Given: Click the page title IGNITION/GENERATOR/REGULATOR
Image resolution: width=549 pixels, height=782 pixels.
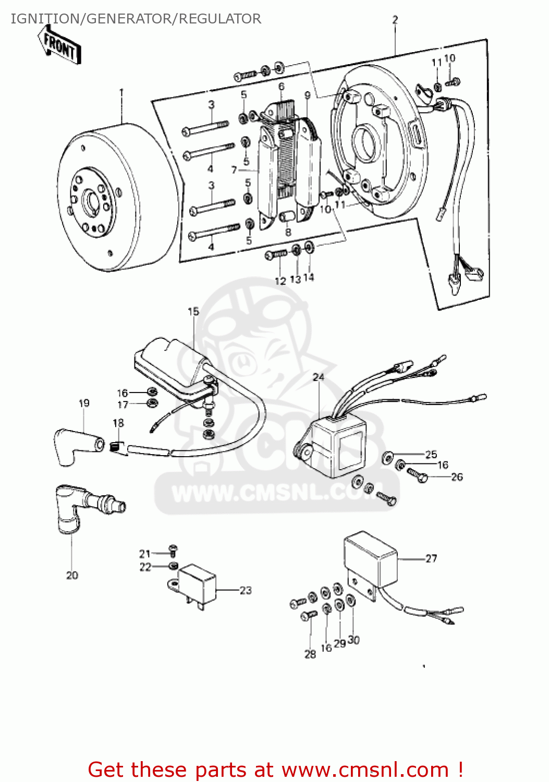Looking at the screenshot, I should click(x=136, y=19).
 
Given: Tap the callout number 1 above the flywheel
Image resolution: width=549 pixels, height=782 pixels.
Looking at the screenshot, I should click(x=121, y=92).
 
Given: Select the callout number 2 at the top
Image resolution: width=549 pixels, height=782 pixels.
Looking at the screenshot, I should click(x=395, y=20).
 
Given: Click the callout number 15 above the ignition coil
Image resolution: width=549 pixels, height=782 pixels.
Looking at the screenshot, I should click(x=193, y=311).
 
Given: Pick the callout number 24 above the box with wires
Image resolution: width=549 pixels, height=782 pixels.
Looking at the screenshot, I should click(x=318, y=377).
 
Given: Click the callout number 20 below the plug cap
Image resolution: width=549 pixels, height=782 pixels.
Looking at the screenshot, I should click(x=72, y=575).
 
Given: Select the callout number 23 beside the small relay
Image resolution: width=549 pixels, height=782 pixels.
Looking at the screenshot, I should click(x=246, y=590).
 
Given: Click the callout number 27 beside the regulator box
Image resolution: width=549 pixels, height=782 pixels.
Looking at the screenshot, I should click(x=431, y=558).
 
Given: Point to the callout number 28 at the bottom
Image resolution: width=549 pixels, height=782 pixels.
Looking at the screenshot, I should click(x=310, y=654).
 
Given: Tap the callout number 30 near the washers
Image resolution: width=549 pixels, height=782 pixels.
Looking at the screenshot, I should click(x=353, y=640).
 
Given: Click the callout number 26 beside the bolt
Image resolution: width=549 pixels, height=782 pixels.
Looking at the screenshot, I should click(x=457, y=476).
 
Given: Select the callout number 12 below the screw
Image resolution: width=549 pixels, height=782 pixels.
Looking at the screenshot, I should click(x=280, y=281).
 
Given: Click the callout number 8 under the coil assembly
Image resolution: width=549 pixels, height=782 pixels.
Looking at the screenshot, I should click(x=288, y=232).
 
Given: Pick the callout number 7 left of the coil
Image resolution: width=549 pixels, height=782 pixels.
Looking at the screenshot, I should click(x=234, y=170).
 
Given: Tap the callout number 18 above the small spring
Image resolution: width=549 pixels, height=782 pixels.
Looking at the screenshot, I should click(x=118, y=423).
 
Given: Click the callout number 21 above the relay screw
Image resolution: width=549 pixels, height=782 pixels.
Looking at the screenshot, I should click(x=144, y=554).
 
